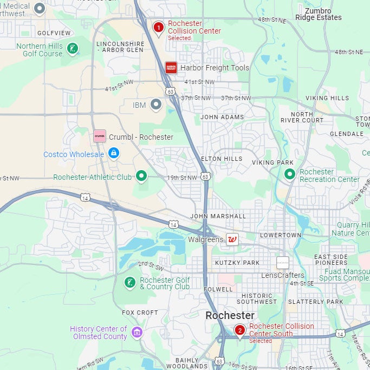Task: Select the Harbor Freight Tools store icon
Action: click(x=171, y=68)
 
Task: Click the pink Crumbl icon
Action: click(x=100, y=136)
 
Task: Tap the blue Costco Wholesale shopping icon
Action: click(x=113, y=154)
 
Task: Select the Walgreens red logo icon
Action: click(x=232, y=239)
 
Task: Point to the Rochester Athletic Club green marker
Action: click(x=141, y=176)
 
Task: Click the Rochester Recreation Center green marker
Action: click(x=290, y=174)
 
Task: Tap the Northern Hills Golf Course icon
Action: click(x=72, y=50)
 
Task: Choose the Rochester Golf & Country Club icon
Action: click(x=130, y=282)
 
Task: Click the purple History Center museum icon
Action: click(x=137, y=332)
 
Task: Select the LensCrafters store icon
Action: click(x=283, y=263)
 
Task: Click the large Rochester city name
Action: click(x=230, y=315)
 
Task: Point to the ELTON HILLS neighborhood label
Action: click(x=222, y=159)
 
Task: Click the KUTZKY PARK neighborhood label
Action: click(x=237, y=263)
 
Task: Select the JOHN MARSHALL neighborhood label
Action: click(x=218, y=216)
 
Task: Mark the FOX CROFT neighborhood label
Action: click(x=140, y=313)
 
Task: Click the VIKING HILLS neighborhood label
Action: click(x=327, y=98)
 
